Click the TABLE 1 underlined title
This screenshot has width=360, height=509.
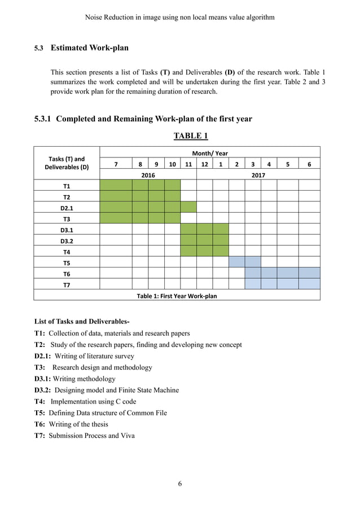tap(191, 136)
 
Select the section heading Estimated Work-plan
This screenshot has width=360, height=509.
tap(89, 48)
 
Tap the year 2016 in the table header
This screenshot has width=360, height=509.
tap(148, 175)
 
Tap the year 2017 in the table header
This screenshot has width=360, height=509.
tap(258, 175)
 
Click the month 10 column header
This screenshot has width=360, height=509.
tap(172, 164)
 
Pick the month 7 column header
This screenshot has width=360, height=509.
tap(116, 164)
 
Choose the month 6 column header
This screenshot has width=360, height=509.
tap(309, 164)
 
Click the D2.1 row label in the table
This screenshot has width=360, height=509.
tap(67, 208)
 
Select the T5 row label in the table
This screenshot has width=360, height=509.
tap(67, 262)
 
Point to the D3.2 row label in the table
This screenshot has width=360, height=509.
tap(67, 240)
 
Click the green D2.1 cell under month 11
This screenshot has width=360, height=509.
tap(188, 208)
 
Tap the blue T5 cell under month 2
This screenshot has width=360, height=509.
tap(236, 262)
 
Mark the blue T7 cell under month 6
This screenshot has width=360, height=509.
tap(309, 284)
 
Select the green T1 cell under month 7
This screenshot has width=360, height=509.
tap(116, 186)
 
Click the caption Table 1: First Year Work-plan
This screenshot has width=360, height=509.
tap(177, 296)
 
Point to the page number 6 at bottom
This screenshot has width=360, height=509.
tap(179, 484)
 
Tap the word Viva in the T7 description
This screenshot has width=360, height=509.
tap(127, 436)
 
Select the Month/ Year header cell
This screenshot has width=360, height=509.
tap(209, 153)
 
